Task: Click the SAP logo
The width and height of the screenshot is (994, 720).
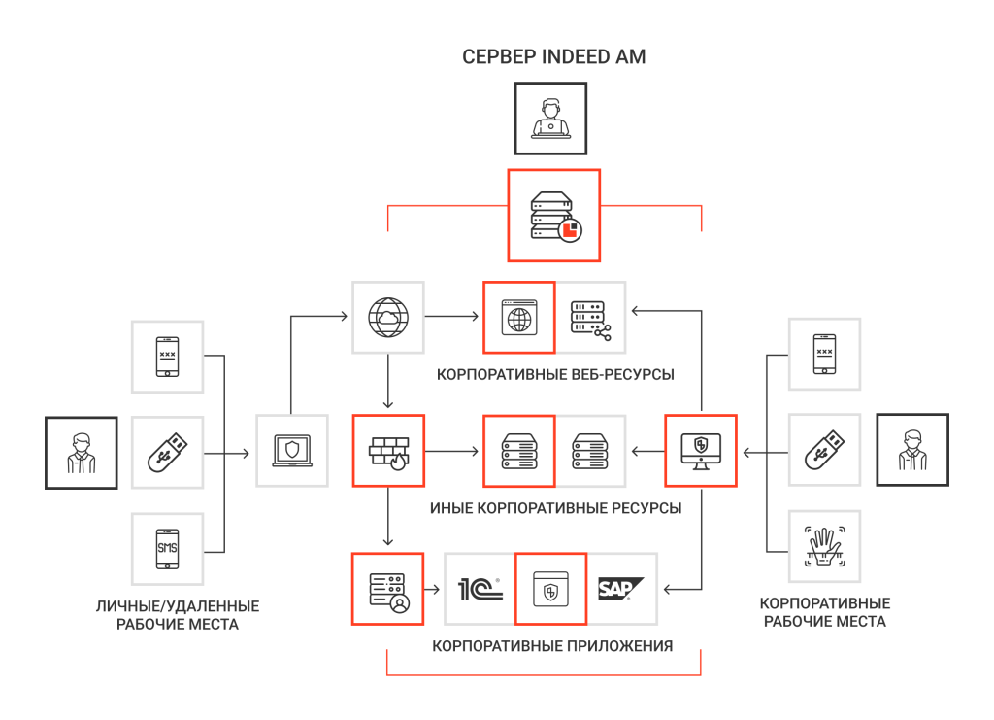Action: coord(620,589)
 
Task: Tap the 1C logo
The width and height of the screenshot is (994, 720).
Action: coord(480,590)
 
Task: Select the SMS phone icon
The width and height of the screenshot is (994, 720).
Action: coord(167,549)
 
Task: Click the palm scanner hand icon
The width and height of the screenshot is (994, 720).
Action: coord(824,546)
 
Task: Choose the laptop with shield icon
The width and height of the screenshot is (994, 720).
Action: coord(292,451)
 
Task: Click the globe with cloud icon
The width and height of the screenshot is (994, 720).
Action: coord(388,317)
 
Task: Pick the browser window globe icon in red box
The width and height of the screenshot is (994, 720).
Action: coord(519,317)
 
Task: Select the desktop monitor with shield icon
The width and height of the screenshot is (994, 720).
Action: coord(701,451)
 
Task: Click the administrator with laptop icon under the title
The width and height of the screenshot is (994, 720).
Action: coord(551,118)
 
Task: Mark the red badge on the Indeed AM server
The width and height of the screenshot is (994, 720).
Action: coord(570,230)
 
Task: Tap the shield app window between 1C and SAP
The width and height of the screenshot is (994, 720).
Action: coord(551,590)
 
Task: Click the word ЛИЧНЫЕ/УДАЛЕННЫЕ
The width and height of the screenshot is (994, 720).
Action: coord(178,605)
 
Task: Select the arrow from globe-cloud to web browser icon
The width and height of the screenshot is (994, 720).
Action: coord(451,316)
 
